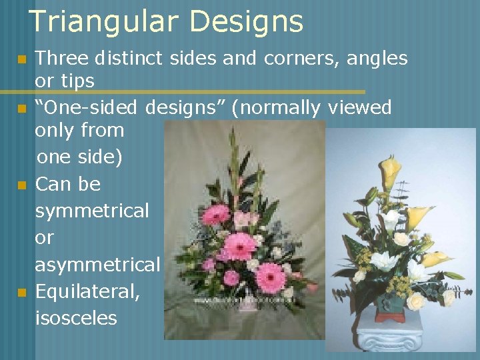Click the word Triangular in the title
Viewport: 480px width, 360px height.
[103, 22]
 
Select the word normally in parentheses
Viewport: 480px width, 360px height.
[275, 107]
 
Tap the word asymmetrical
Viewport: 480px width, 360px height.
[97, 265]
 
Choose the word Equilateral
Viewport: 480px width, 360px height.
[87, 292]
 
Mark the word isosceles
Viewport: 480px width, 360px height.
[75, 317]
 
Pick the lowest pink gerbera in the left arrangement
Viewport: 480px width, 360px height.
[270, 277]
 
